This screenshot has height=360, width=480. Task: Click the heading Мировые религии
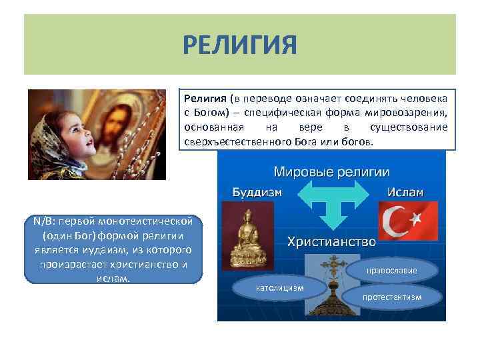(332, 173)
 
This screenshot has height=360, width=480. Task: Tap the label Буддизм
(257, 192)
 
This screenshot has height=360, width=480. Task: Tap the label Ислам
(405, 192)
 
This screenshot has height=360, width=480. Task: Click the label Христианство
(331, 241)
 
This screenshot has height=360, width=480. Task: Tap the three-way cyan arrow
(331, 203)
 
